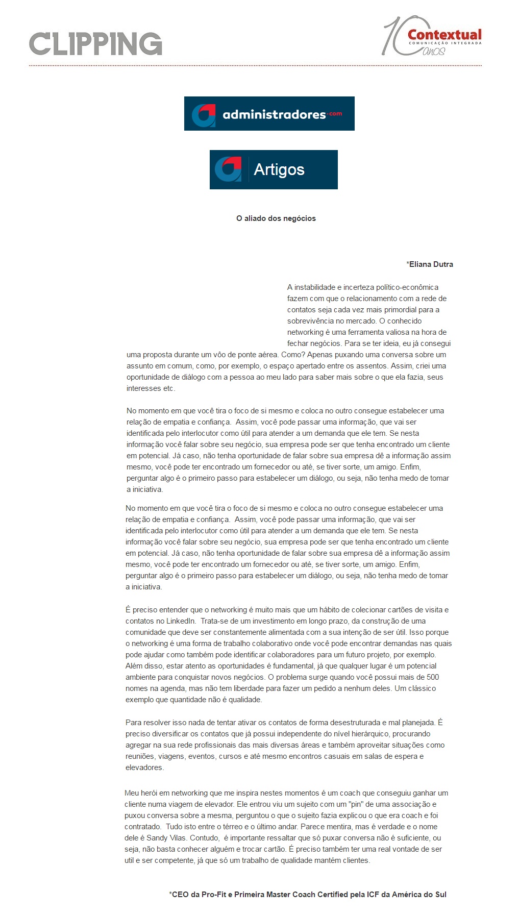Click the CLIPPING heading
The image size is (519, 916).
pyautogui.click(x=95, y=44)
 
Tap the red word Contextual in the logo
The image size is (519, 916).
pyautogui.click(x=444, y=35)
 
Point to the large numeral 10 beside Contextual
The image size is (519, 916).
pyautogui.click(x=396, y=36)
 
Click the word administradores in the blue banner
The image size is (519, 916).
pyautogui.click(x=274, y=114)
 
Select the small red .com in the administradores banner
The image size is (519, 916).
pyautogui.click(x=335, y=113)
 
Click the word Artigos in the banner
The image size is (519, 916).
pyautogui.click(x=279, y=169)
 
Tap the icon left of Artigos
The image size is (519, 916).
pyautogui.click(x=228, y=169)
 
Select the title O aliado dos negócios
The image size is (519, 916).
pyautogui.click(x=276, y=218)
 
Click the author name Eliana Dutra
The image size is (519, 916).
pyautogui.click(x=431, y=264)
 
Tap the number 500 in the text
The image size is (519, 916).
pyautogui.click(x=433, y=677)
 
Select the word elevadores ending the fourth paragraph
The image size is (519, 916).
pyautogui.click(x=143, y=768)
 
